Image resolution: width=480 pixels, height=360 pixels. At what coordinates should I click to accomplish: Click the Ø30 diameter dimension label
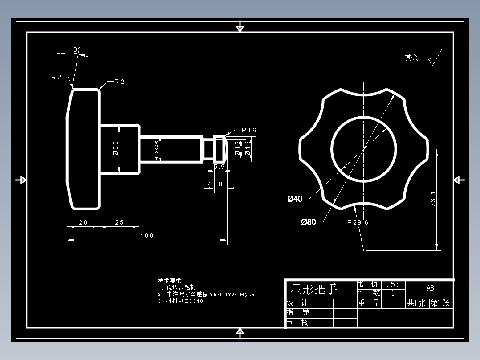pos(115,148)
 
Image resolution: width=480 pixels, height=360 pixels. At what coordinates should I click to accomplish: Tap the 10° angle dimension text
pos(74,50)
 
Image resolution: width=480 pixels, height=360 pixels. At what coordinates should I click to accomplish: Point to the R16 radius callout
pos(249,131)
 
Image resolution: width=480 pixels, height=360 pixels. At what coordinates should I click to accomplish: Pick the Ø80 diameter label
pos(308,222)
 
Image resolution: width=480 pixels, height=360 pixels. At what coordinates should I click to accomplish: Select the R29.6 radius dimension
pos(358,222)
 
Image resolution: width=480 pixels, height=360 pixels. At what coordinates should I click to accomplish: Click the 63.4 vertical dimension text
pos(433,200)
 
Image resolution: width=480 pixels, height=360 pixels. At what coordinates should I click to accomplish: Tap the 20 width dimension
pos(83,222)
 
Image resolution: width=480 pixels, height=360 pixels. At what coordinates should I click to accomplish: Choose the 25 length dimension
pos(119,222)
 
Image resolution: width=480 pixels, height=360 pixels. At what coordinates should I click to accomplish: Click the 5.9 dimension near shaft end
pos(219,167)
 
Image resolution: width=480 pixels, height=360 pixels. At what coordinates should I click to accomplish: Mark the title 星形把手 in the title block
pos(314,290)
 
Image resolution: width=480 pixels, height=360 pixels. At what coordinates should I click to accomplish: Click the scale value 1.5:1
pos(393,285)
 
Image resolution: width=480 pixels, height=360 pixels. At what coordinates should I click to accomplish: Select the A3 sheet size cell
pos(430,288)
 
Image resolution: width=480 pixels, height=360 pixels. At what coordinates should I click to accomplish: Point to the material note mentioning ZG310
pos(180,301)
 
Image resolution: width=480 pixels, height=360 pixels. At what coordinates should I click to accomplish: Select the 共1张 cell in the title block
pos(416,303)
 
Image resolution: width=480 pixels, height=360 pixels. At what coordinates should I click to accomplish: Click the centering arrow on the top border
pos(240,28)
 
